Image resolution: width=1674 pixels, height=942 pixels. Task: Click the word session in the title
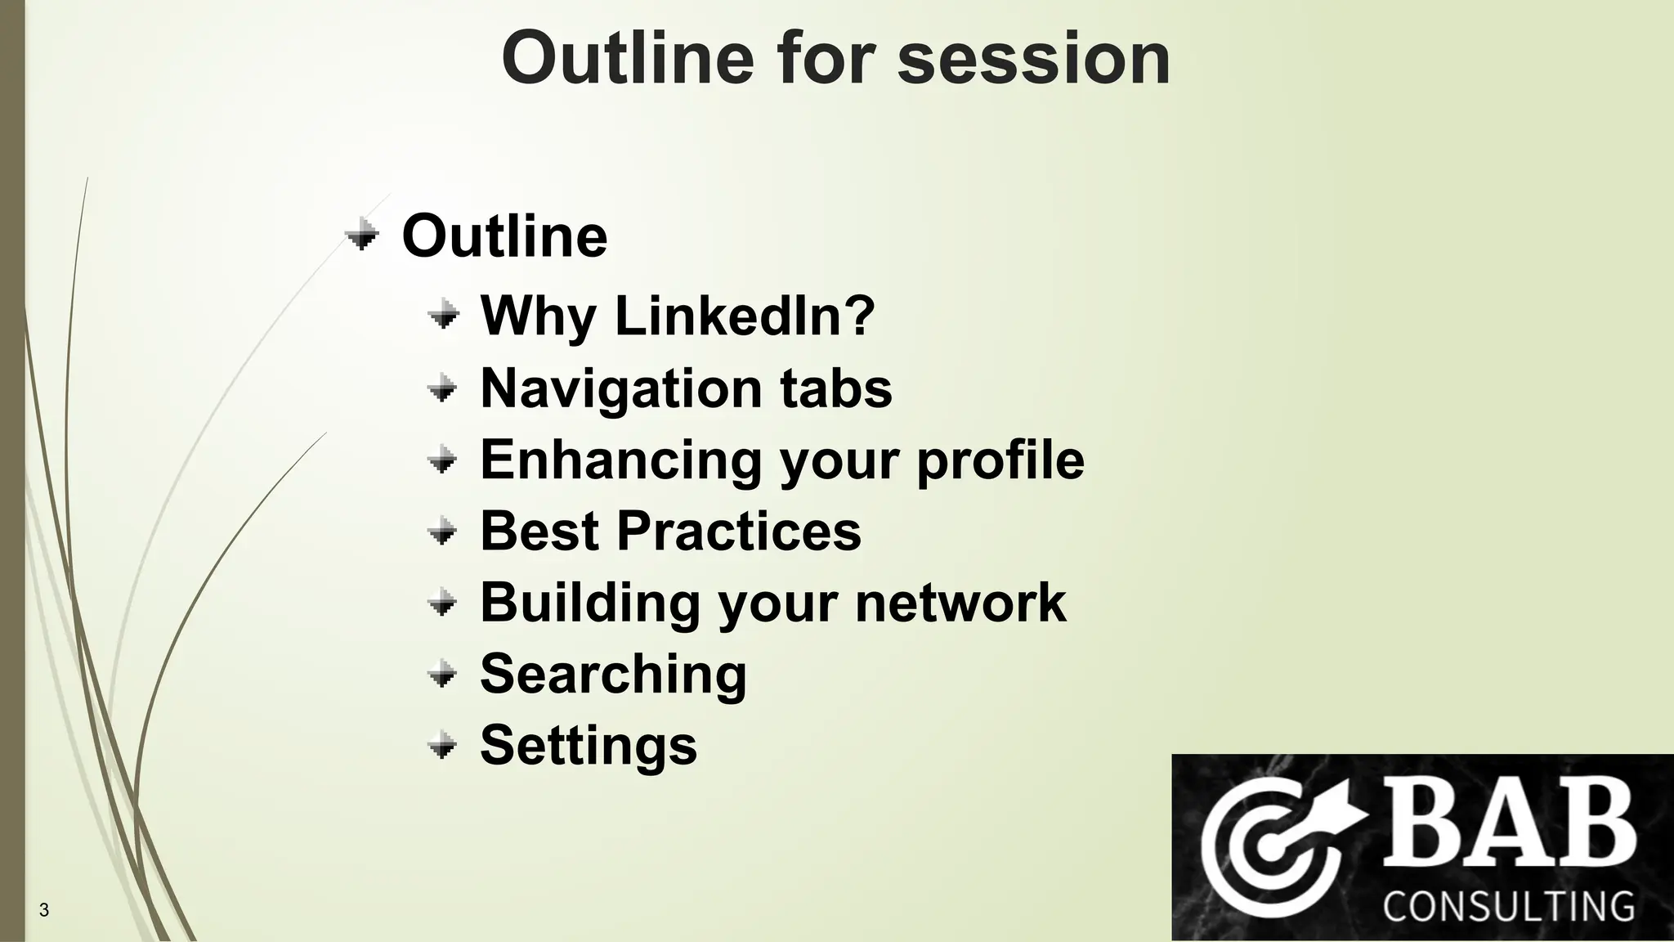(1033, 59)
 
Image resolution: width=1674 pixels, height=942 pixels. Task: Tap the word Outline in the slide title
(627, 59)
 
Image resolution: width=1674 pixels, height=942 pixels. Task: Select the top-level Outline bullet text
(504, 236)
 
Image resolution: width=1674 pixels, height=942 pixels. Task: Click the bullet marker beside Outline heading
(361, 236)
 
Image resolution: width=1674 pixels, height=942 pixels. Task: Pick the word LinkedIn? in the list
(745, 316)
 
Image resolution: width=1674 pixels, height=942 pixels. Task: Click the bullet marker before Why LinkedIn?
(443, 315)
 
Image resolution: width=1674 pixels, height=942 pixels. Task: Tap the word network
(960, 603)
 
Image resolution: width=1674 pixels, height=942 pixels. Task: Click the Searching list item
(613, 675)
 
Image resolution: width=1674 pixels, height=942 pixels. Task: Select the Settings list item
(589, 746)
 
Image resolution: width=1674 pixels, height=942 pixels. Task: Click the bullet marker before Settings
(442, 746)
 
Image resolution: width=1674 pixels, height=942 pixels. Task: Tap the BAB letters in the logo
(1508, 823)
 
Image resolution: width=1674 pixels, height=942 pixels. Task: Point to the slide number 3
(44, 910)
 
